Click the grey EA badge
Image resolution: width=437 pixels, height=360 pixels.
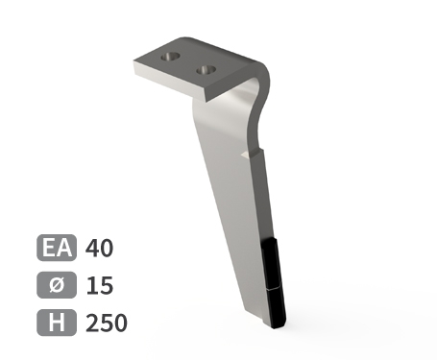point(57,248)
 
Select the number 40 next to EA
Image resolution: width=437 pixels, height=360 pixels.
point(99,248)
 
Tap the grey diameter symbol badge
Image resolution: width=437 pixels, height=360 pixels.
point(57,285)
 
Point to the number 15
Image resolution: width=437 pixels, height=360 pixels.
point(100,285)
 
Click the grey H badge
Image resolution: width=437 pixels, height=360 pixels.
point(57,323)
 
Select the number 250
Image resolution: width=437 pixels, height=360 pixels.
point(107,323)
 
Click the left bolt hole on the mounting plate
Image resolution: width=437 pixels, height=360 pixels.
point(170,57)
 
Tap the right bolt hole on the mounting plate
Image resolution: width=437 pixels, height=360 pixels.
point(206,69)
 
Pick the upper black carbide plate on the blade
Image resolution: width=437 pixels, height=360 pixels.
point(272,263)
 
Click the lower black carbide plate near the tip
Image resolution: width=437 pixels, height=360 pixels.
point(277,307)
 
